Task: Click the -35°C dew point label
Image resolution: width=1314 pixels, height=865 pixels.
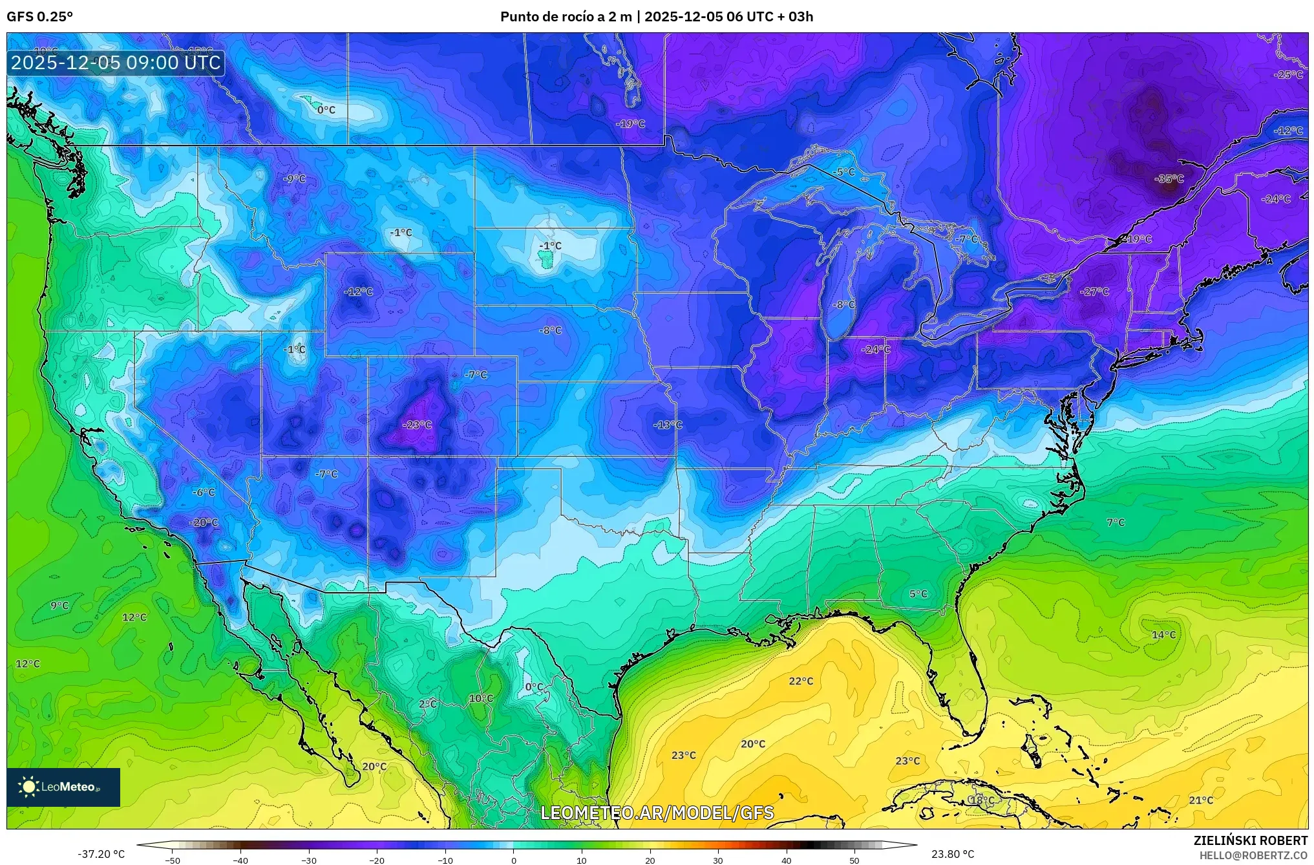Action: click(x=1169, y=179)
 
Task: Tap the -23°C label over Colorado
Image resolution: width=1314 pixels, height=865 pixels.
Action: click(x=417, y=425)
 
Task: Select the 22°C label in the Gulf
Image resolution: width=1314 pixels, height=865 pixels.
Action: click(x=801, y=681)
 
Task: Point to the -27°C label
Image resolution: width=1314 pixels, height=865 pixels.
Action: click(x=1094, y=292)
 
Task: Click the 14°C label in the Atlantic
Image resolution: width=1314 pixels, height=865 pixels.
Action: click(x=1163, y=635)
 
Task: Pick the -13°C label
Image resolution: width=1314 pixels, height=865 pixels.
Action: click(x=668, y=425)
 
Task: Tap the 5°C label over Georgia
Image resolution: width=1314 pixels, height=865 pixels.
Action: click(x=918, y=593)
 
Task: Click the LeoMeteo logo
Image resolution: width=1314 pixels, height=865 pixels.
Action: click(x=63, y=787)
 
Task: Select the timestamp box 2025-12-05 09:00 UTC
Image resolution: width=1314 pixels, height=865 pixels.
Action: click(x=116, y=63)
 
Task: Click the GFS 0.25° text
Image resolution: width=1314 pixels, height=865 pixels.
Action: click(x=39, y=17)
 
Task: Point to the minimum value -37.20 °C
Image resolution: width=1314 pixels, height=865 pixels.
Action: click(x=101, y=854)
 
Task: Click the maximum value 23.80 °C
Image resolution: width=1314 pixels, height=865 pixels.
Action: click(x=953, y=854)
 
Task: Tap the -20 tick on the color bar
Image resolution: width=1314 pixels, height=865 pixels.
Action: click(x=377, y=860)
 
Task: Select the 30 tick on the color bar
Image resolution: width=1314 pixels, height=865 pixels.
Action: click(x=718, y=860)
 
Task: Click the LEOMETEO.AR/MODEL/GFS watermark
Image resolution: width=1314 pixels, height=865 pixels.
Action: click(x=657, y=813)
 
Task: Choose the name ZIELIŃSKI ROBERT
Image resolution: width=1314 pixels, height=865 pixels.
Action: click(x=1250, y=840)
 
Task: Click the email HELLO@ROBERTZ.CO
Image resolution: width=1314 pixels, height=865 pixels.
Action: click(x=1253, y=855)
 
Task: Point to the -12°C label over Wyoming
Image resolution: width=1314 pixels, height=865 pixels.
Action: click(x=358, y=292)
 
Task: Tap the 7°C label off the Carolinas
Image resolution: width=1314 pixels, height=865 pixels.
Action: click(x=1115, y=522)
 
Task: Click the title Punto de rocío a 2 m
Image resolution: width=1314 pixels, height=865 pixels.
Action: click(x=566, y=17)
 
